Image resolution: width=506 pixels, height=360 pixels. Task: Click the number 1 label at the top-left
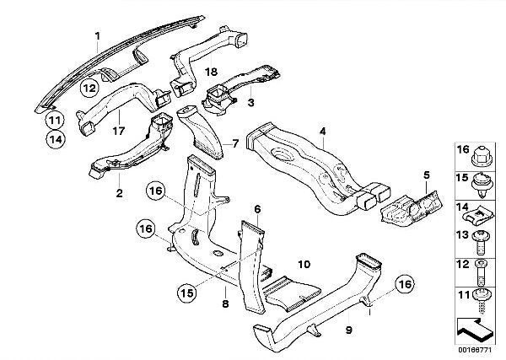coord(97,35)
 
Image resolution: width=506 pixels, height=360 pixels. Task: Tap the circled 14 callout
coord(54,140)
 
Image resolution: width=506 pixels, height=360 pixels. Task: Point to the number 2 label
coord(119,193)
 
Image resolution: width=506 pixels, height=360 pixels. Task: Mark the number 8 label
coord(225,300)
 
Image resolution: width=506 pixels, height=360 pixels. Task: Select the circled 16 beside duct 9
coord(403,286)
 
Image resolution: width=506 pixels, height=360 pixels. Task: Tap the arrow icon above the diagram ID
coord(471,324)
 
